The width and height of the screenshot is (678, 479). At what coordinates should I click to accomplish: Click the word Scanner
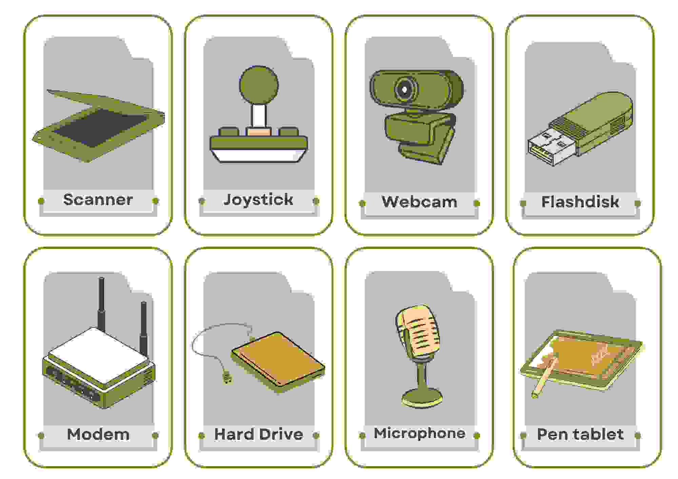[x=98, y=200]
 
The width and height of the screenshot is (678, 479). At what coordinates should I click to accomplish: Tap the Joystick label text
[x=258, y=200]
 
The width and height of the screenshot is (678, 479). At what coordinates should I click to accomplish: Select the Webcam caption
[x=419, y=202]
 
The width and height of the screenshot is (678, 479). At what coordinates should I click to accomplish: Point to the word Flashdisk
[x=580, y=202]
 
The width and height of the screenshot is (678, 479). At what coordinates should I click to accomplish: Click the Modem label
[x=98, y=434]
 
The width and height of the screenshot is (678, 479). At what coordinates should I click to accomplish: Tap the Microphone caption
[x=419, y=433]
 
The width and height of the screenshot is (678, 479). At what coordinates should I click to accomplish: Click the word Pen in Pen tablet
[x=551, y=434]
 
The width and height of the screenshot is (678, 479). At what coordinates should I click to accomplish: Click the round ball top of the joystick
[x=259, y=85]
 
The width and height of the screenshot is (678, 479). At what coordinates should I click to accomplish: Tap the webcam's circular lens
[x=405, y=90]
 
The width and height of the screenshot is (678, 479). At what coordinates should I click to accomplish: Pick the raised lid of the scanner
[x=105, y=102]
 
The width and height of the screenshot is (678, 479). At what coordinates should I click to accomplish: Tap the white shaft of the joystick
[x=259, y=115]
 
